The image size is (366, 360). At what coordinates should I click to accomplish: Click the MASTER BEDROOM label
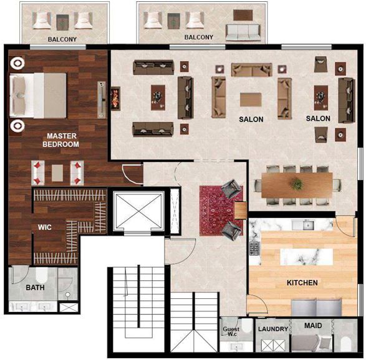[60, 140]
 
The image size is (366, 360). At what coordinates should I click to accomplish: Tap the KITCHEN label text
[302, 283]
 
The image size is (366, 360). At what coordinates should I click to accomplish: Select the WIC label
[45, 227]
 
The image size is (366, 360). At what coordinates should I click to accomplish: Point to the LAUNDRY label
[273, 329]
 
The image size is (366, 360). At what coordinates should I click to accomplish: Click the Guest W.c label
[231, 331]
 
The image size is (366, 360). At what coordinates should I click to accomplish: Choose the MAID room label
[313, 325]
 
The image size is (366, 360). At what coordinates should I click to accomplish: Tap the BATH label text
[35, 288]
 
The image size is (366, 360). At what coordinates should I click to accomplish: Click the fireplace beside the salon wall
[115, 99]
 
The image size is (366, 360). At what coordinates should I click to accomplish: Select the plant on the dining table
[297, 184]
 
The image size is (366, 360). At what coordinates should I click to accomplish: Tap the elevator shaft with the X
[139, 211]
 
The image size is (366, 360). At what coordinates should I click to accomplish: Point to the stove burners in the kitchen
[254, 248]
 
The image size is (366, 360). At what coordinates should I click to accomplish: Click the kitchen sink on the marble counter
[307, 225]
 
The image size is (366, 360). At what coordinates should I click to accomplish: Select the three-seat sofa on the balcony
[243, 32]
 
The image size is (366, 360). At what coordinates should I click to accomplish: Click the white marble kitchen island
[307, 257]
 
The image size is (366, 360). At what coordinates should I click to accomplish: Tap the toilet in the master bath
[42, 275]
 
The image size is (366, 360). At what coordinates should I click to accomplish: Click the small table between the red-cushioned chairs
[57, 173]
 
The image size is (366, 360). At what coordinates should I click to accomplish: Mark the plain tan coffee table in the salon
[251, 100]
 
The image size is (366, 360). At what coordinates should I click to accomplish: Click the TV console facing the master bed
[101, 100]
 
